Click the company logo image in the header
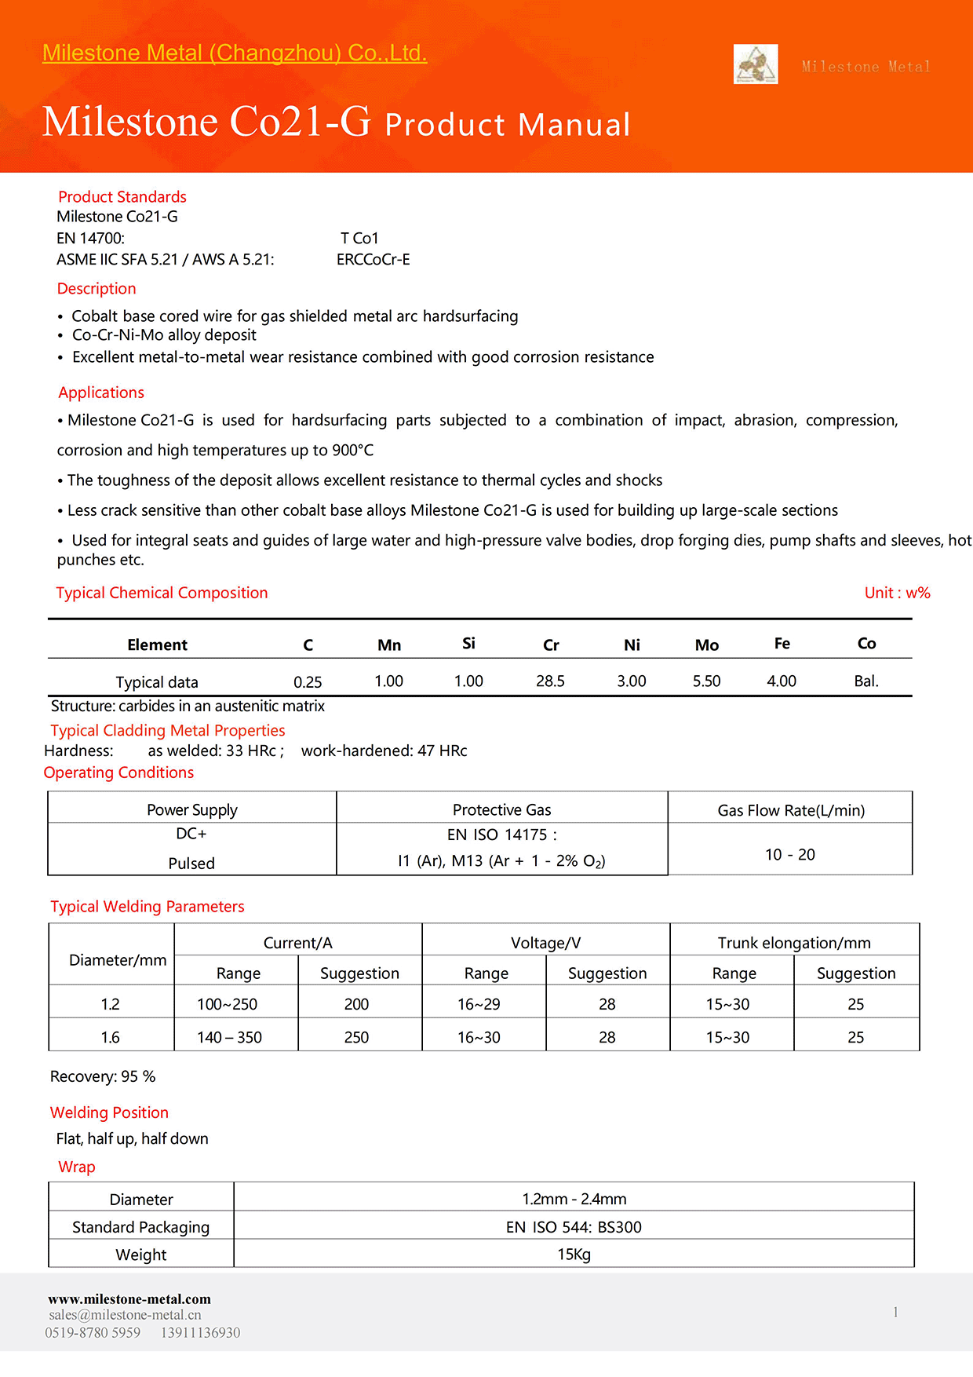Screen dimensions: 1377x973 click(756, 64)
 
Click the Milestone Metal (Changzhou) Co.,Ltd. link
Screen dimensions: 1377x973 click(235, 53)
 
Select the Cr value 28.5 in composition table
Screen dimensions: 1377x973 click(550, 681)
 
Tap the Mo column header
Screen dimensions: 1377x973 click(706, 645)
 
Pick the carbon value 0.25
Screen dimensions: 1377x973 click(308, 682)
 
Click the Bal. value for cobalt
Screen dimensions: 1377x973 click(866, 681)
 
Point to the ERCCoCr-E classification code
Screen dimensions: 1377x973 click(374, 260)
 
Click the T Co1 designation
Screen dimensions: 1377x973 click(359, 239)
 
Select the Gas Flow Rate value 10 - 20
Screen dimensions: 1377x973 click(789, 855)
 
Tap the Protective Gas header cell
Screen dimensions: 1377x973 click(501, 810)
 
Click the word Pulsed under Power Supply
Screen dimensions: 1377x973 click(191, 864)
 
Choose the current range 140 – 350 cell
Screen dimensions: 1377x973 click(229, 1038)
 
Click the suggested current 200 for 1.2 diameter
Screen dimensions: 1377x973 click(356, 1005)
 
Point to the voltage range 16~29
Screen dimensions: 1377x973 click(479, 1005)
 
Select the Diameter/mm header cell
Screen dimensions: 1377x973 click(118, 960)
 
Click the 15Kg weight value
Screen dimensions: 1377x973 click(574, 1255)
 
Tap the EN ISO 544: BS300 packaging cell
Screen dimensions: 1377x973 click(574, 1227)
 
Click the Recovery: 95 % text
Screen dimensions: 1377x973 click(103, 1077)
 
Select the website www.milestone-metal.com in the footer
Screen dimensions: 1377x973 click(129, 1299)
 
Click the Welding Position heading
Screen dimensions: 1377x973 click(109, 1112)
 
